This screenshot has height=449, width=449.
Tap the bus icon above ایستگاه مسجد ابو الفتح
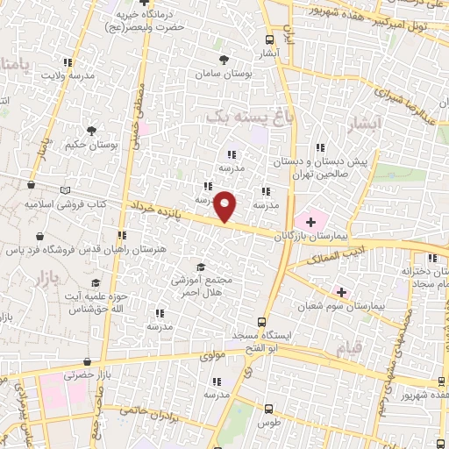pos(260,321)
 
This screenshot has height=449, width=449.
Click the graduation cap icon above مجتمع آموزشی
pos(201,267)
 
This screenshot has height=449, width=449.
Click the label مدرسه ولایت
pos(65,75)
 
